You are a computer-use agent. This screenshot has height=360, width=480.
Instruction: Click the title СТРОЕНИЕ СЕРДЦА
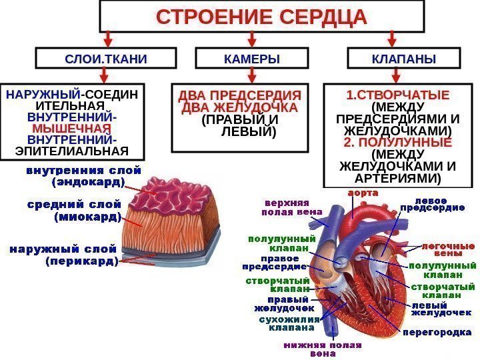(x=262, y=17)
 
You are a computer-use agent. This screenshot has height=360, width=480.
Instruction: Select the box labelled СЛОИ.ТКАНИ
(x=106, y=59)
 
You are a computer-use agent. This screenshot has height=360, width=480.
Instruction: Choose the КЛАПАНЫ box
(x=403, y=59)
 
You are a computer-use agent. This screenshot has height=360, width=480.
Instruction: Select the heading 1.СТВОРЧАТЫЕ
(x=397, y=93)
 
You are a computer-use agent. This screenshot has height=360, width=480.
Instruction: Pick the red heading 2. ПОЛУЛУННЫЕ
(x=397, y=143)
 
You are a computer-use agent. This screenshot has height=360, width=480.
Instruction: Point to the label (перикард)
(x=81, y=262)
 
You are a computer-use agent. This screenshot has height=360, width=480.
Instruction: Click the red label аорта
(x=361, y=193)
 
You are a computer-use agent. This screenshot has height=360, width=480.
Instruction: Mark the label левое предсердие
(x=431, y=204)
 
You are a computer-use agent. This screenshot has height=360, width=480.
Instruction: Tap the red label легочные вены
(x=447, y=249)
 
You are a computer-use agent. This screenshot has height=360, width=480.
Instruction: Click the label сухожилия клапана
(x=287, y=324)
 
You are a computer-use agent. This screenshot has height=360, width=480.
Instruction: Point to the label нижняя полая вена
(x=323, y=349)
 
